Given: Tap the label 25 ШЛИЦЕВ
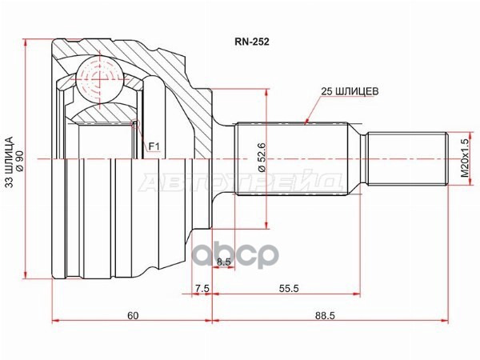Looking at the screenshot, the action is (x=338, y=90).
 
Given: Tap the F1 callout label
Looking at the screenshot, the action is (x=154, y=146).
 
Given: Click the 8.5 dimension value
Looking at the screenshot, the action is (x=223, y=261).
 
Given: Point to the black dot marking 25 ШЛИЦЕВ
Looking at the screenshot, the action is (x=308, y=122).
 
